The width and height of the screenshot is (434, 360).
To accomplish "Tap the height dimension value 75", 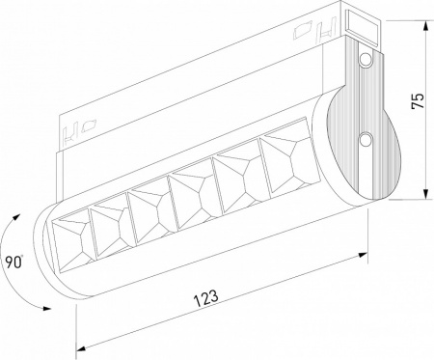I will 417,103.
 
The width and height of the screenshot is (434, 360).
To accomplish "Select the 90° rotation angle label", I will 13,260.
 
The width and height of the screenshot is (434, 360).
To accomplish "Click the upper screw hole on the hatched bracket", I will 366,61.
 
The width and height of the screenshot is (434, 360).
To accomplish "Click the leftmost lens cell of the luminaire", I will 72,235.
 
